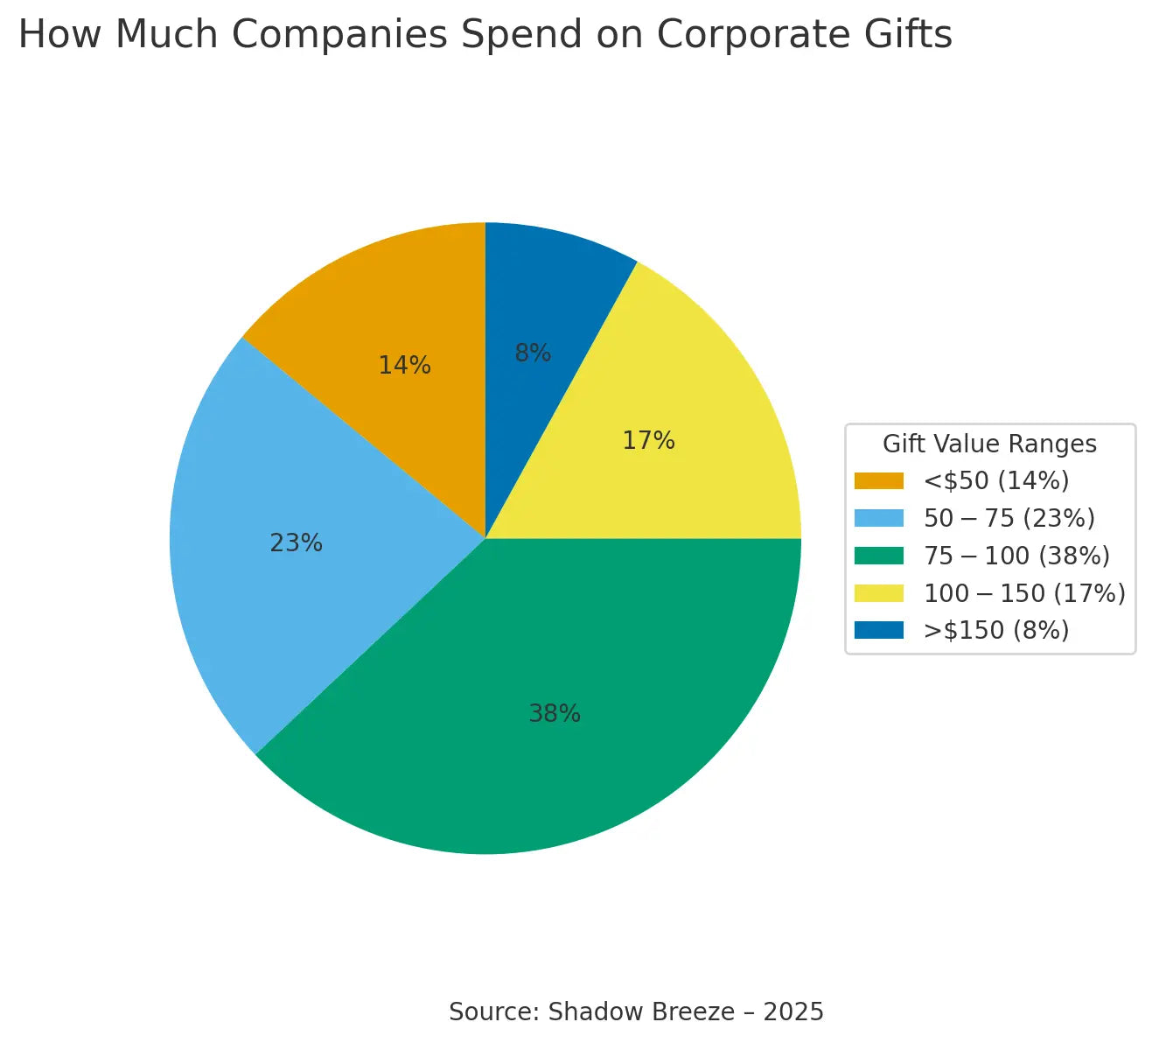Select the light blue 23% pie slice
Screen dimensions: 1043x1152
coord(262,577)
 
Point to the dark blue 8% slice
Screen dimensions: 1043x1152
coord(542,297)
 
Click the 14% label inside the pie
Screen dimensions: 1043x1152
coord(404,366)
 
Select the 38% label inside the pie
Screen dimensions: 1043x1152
coord(555,714)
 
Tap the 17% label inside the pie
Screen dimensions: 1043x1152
coord(648,441)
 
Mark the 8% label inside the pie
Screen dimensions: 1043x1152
coord(533,353)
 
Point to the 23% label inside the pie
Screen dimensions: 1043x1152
coord(296,543)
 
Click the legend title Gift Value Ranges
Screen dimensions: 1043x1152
coord(989,444)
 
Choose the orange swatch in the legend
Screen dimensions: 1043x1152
coord(878,481)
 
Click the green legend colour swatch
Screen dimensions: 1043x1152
coord(878,556)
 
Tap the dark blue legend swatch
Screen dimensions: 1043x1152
coord(878,630)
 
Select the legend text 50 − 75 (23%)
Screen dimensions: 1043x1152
coord(1009,519)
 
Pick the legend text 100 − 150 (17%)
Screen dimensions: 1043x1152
coord(1024,593)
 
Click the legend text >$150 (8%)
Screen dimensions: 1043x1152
coord(996,631)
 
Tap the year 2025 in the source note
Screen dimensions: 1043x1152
coord(793,1012)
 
